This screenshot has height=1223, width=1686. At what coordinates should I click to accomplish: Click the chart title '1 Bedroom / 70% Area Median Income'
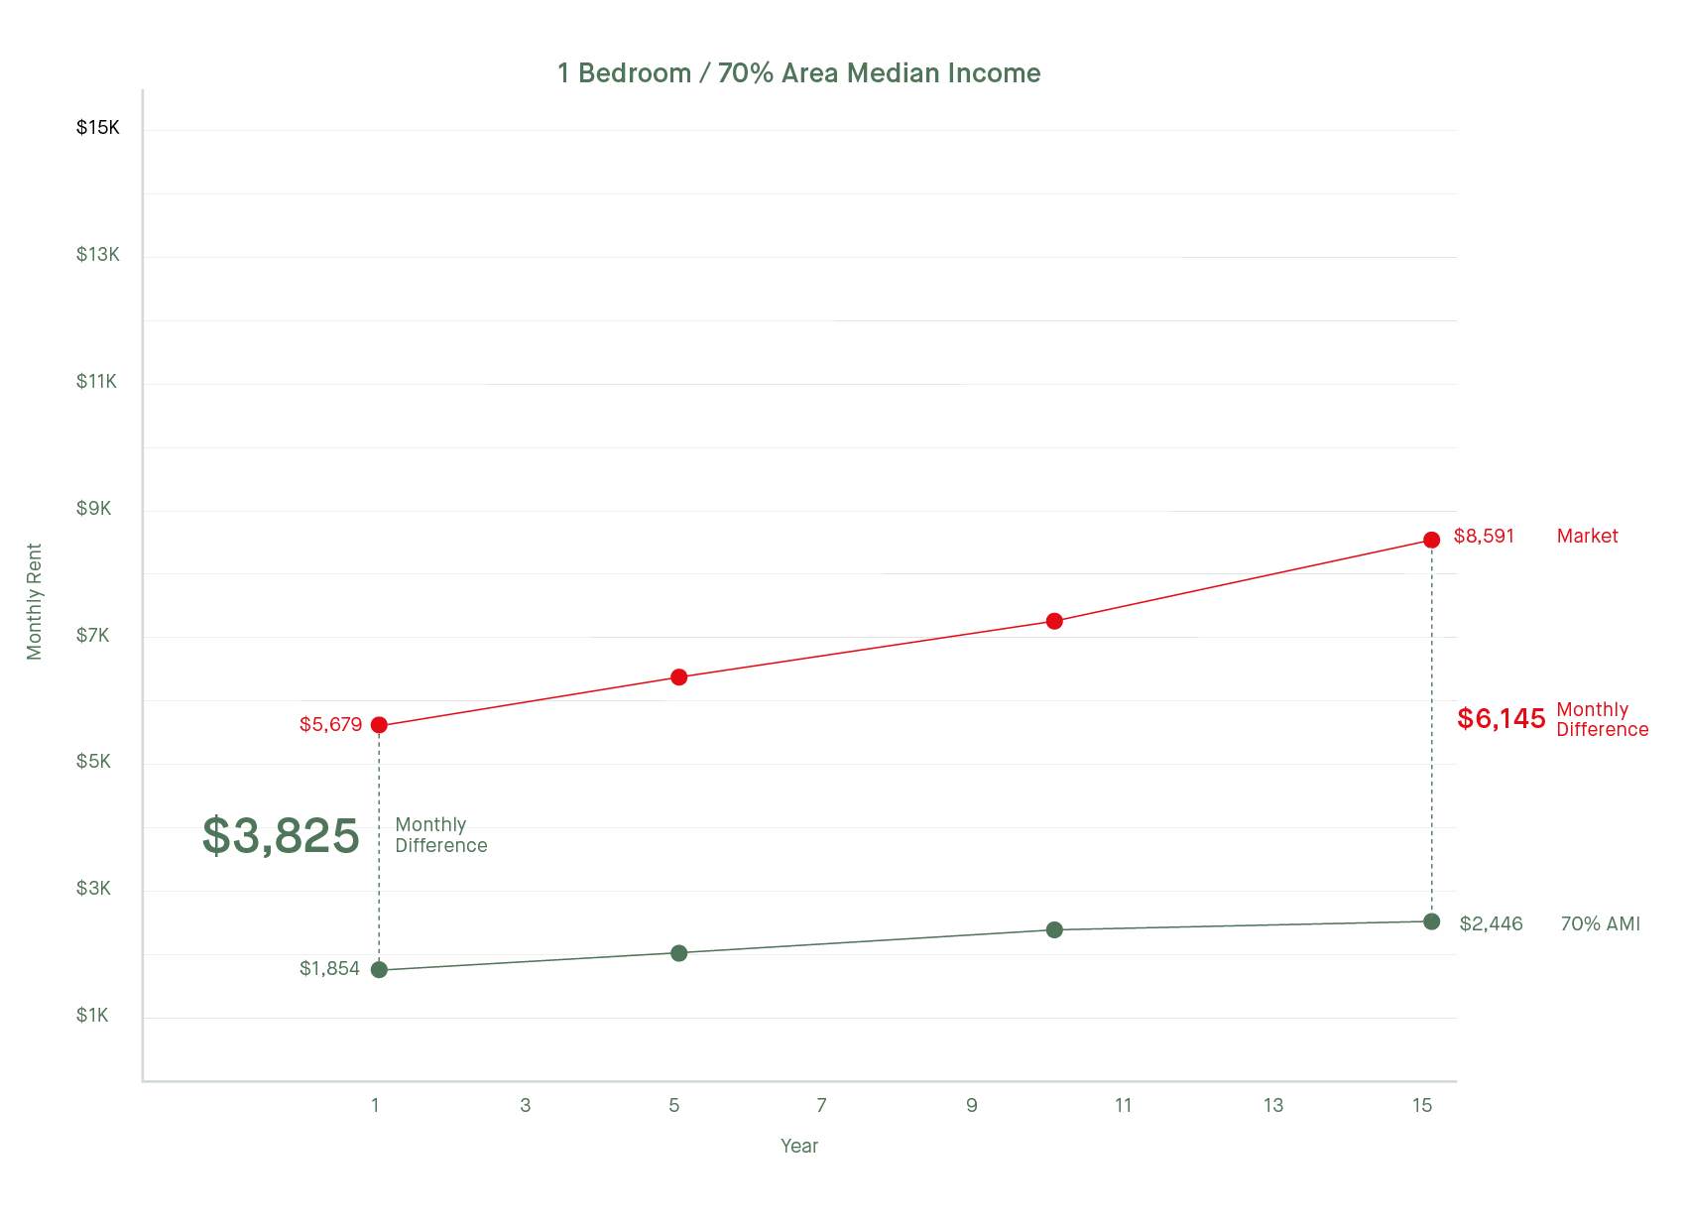pyautogui.click(x=798, y=73)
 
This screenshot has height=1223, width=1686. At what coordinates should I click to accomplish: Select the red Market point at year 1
pyautogui.click(x=379, y=725)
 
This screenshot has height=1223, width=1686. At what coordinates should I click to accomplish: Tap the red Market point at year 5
pyautogui.click(x=678, y=677)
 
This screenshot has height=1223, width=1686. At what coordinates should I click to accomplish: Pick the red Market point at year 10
pyautogui.click(x=1054, y=621)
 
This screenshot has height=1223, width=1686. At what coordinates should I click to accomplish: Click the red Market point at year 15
pyautogui.click(x=1431, y=540)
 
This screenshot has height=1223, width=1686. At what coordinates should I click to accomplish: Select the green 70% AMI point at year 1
pyautogui.click(x=379, y=969)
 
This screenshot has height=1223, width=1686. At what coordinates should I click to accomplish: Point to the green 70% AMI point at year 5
pyautogui.click(x=678, y=953)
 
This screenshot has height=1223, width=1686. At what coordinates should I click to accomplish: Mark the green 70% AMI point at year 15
pyautogui.click(x=1431, y=921)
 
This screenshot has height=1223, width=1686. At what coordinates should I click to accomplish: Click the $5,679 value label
pyautogui.click(x=330, y=725)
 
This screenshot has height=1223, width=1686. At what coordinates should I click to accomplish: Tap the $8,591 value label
pyautogui.click(x=1484, y=537)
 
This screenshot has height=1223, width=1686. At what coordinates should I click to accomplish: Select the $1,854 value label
pyautogui.click(x=329, y=969)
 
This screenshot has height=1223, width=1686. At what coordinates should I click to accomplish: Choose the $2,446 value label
pyautogui.click(x=1491, y=924)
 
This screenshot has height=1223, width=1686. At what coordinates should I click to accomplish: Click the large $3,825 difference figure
pyautogui.click(x=281, y=835)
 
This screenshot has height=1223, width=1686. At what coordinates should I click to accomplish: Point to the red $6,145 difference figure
pyautogui.click(x=1501, y=719)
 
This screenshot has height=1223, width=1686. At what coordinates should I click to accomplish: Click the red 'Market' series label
pyautogui.click(x=1587, y=537)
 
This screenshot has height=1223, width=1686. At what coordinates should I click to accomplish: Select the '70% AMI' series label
pyautogui.click(x=1600, y=924)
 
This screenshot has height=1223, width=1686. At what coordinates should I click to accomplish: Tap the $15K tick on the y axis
pyautogui.click(x=97, y=128)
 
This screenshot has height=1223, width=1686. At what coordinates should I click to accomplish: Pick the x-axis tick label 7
pyautogui.click(x=821, y=1105)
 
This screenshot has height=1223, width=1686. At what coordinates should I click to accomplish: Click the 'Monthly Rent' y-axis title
pyautogui.click(x=35, y=601)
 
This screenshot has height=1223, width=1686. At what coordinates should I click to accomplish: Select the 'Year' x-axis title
pyautogui.click(x=798, y=1147)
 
